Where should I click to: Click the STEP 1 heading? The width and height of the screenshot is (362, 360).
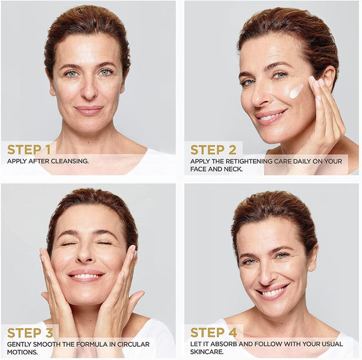click(x=29, y=150)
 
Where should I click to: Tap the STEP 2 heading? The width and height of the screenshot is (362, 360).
click(x=213, y=150)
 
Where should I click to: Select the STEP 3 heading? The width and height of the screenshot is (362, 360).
click(x=30, y=333)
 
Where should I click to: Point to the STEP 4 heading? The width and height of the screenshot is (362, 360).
click(x=214, y=333)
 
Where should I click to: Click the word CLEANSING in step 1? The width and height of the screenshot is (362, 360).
click(x=70, y=161)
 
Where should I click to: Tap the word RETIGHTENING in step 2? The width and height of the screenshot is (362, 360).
click(x=241, y=161)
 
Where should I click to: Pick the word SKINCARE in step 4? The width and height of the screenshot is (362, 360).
click(x=207, y=352)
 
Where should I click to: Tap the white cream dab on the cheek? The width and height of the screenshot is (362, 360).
click(x=296, y=92)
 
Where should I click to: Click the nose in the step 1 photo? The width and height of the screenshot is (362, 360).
click(x=89, y=90)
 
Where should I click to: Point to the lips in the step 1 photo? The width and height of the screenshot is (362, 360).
click(x=89, y=110)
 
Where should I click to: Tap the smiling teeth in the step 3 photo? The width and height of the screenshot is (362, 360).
click(x=85, y=276)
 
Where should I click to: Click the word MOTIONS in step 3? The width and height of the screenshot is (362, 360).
click(x=22, y=352)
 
